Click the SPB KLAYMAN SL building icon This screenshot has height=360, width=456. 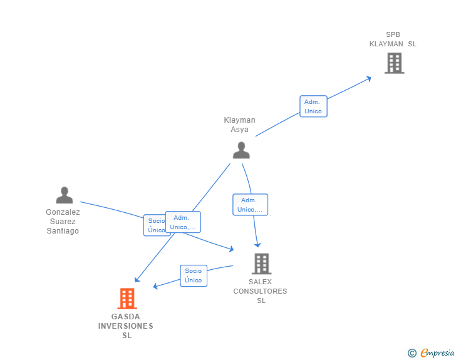pyautogui.click(x=394, y=63)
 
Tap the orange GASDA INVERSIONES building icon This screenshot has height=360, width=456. pyautogui.click(x=127, y=299)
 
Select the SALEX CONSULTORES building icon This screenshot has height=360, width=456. pyautogui.click(x=261, y=264)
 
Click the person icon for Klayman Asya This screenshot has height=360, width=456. pyautogui.click(x=241, y=150)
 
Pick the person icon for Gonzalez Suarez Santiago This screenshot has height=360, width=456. pyautogui.click(x=64, y=195)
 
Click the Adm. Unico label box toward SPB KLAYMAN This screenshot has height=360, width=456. pyautogui.click(x=313, y=106)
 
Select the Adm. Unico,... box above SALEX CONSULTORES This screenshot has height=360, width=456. pyautogui.click(x=250, y=205)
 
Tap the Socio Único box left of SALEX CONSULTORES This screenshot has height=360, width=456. pyautogui.click(x=194, y=275)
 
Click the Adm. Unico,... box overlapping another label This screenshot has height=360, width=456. pyautogui.click(x=183, y=222)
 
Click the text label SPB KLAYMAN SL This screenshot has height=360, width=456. pyautogui.click(x=392, y=39)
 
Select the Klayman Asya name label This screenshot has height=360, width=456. pyautogui.click(x=239, y=125)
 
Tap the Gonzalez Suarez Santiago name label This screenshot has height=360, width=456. pyautogui.click(x=63, y=221)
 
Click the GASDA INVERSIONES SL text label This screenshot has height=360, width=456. pyautogui.click(x=126, y=326)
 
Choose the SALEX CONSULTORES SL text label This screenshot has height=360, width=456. pyautogui.click(x=260, y=291)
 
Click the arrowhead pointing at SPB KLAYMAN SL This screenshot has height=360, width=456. pyautogui.click(x=369, y=78)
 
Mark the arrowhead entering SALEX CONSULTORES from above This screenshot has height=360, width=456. pyautogui.click(x=257, y=245)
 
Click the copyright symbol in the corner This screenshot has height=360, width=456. pyautogui.click(x=412, y=353)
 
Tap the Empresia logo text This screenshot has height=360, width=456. pyautogui.click(x=437, y=353)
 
